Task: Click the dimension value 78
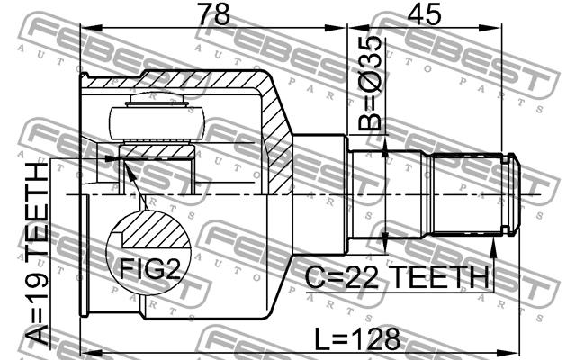click(214, 14)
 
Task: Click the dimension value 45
click(425, 14)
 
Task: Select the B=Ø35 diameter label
click(370, 84)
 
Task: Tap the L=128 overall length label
click(357, 339)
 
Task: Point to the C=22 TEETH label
click(397, 277)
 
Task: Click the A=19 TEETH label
click(37, 254)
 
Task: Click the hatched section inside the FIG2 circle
click(156, 229)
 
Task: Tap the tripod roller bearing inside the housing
click(156, 123)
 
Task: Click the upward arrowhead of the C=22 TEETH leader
click(494, 247)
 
